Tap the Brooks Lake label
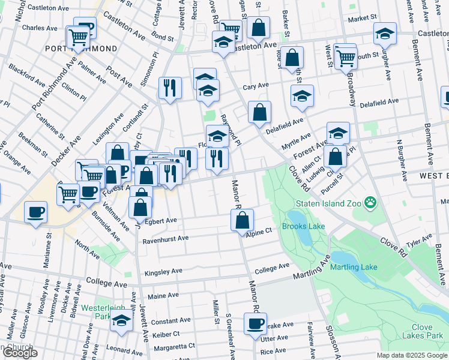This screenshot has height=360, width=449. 307,226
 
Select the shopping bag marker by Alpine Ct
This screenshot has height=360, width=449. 243,220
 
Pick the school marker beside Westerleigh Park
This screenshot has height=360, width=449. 122,322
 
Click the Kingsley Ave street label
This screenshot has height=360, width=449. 163,272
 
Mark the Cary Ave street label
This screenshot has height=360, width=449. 256,86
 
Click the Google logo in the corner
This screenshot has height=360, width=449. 20,353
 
